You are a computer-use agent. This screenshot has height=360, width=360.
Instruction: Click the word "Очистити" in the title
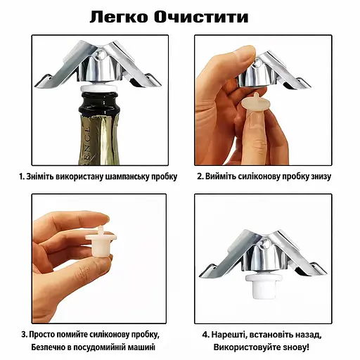pyautogui.click(x=201, y=18)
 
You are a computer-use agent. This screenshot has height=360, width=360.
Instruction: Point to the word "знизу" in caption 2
pyautogui.click(x=319, y=176)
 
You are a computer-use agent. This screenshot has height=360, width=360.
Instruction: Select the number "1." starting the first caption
pyautogui.click(x=22, y=176)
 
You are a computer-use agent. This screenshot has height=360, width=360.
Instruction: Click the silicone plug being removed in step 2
pyautogui.click(x=256, y=102)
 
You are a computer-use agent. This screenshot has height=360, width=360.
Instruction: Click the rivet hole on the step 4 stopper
pyautogui.click(x=265, y=245)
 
